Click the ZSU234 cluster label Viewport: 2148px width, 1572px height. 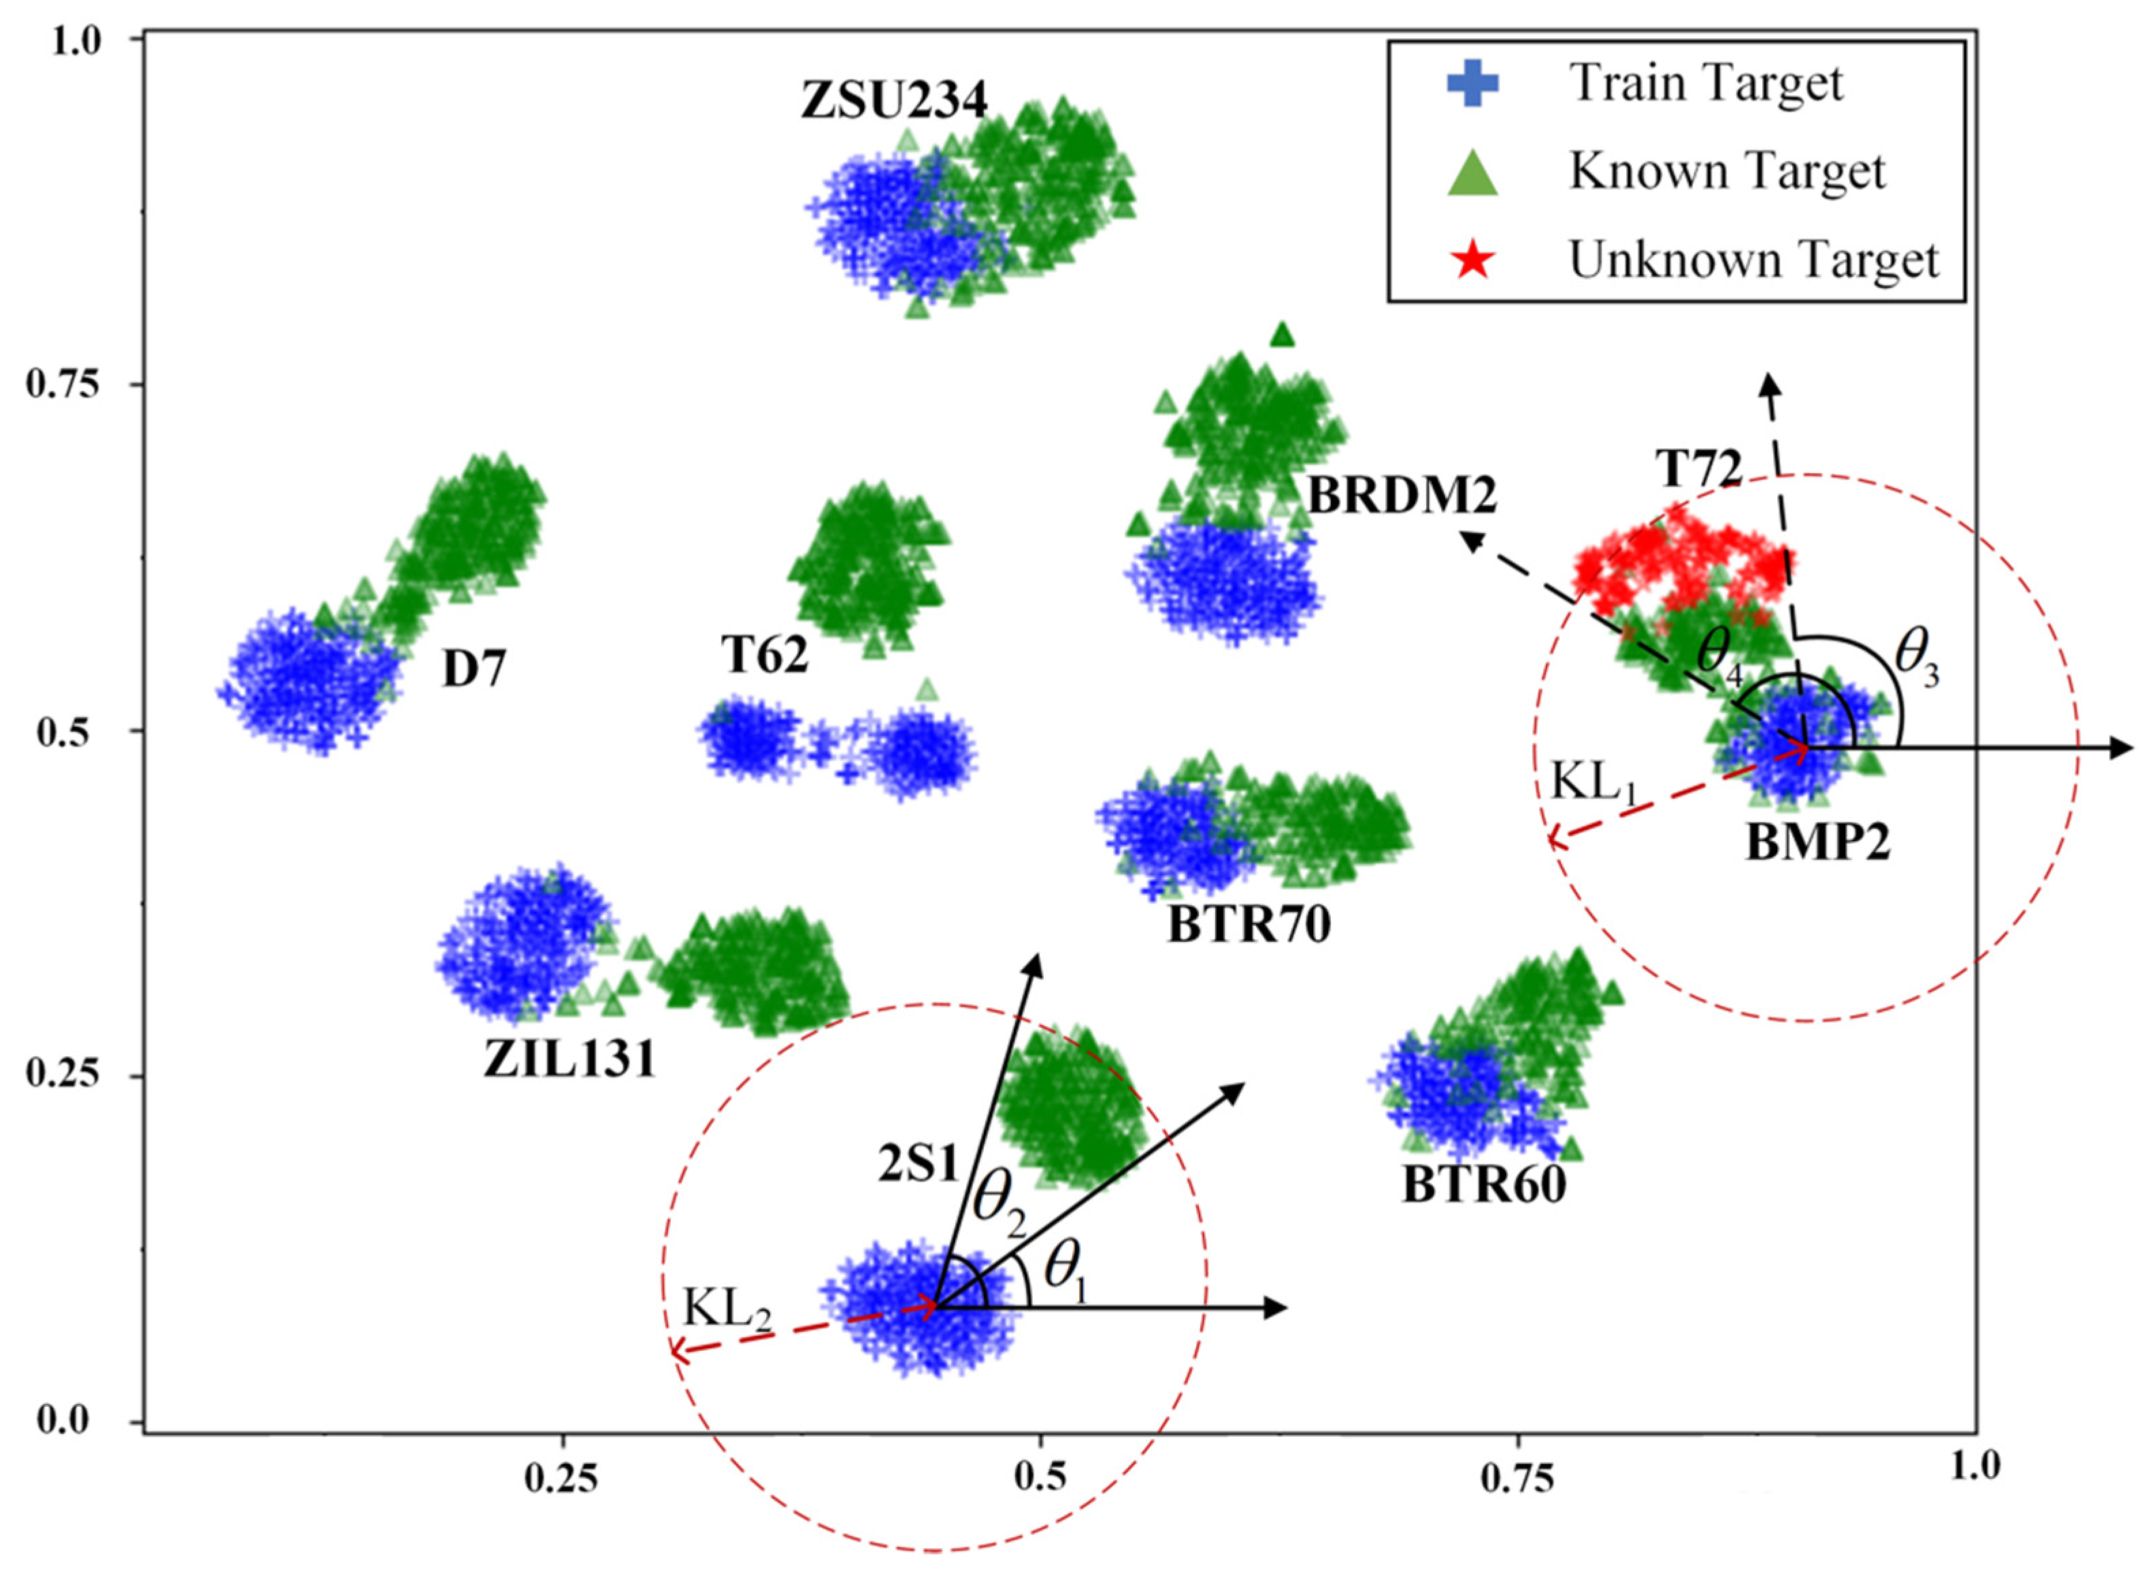(x=893, y=101)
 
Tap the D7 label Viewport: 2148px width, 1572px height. (x=474, y=671)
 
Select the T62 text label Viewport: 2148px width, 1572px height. (x=764, y=655)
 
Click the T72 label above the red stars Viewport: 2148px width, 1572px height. (x=1698, y=469)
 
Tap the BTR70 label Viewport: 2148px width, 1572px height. (x=1249, y=924)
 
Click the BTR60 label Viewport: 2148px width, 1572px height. (x=1484, y=1185)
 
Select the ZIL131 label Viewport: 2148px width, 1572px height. (x=569, y=1059)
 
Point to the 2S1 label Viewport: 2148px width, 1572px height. (x=917, y=1165)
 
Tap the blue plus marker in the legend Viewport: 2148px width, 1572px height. (x=1472, y=84)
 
